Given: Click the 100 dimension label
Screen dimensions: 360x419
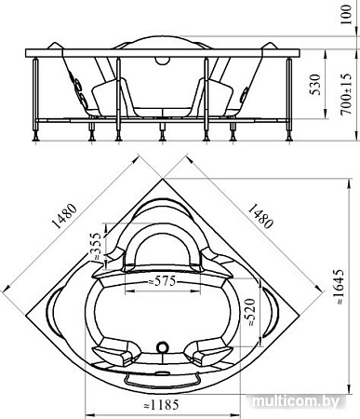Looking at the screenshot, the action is coord(347,14).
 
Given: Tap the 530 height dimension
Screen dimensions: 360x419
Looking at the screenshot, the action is coord(315,85).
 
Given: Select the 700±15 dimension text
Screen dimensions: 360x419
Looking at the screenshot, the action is coord(346,94).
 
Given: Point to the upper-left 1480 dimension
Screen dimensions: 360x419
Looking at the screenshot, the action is coord(64,216).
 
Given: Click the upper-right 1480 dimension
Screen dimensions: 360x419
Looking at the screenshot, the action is coord(260,216).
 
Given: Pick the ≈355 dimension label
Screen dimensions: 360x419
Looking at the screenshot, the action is coord(95,246).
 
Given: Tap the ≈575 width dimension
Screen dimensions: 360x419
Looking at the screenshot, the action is coord(162,281).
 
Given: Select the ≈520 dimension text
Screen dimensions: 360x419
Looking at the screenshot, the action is coord(250,312).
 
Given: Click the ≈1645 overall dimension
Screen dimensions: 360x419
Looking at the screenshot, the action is coord(339,287).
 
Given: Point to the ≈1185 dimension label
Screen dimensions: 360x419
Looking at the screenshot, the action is coord(162,405).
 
